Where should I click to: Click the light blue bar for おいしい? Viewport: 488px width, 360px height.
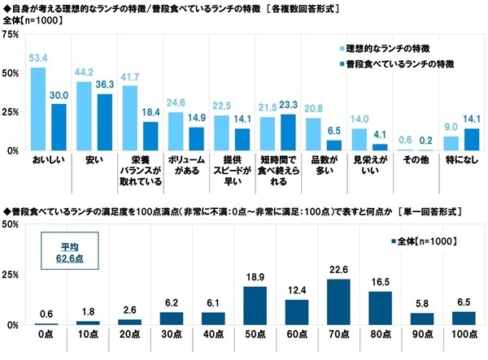pos(37,109)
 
